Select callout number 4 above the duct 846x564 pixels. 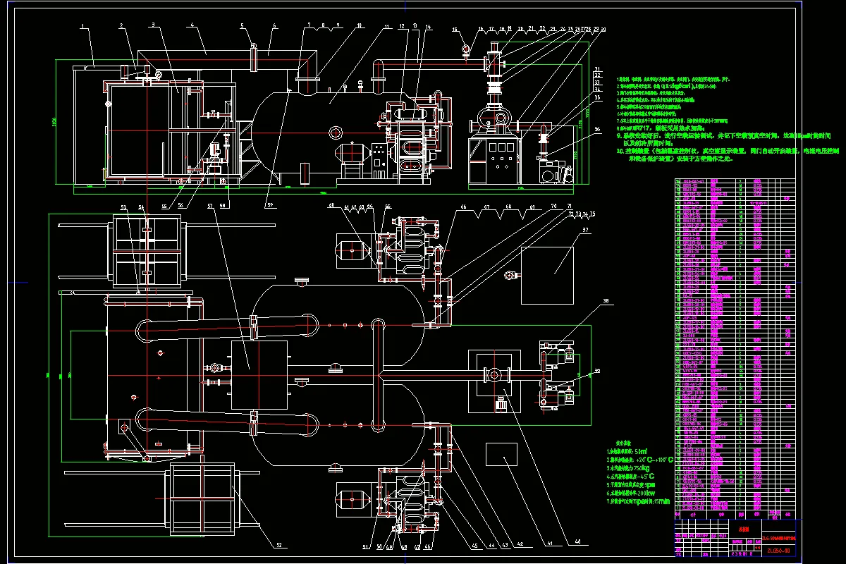click(192, 25)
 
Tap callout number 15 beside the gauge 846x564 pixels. click(455, 29)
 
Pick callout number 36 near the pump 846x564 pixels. click(597, 128)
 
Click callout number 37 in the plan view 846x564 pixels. click(585, 230)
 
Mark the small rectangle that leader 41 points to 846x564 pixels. click(502, 459)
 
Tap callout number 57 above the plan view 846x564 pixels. click(210, 206)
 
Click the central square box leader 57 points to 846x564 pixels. click(259, 374)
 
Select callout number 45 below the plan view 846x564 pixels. click(473, 546)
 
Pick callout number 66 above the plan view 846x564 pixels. click(463, 206)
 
